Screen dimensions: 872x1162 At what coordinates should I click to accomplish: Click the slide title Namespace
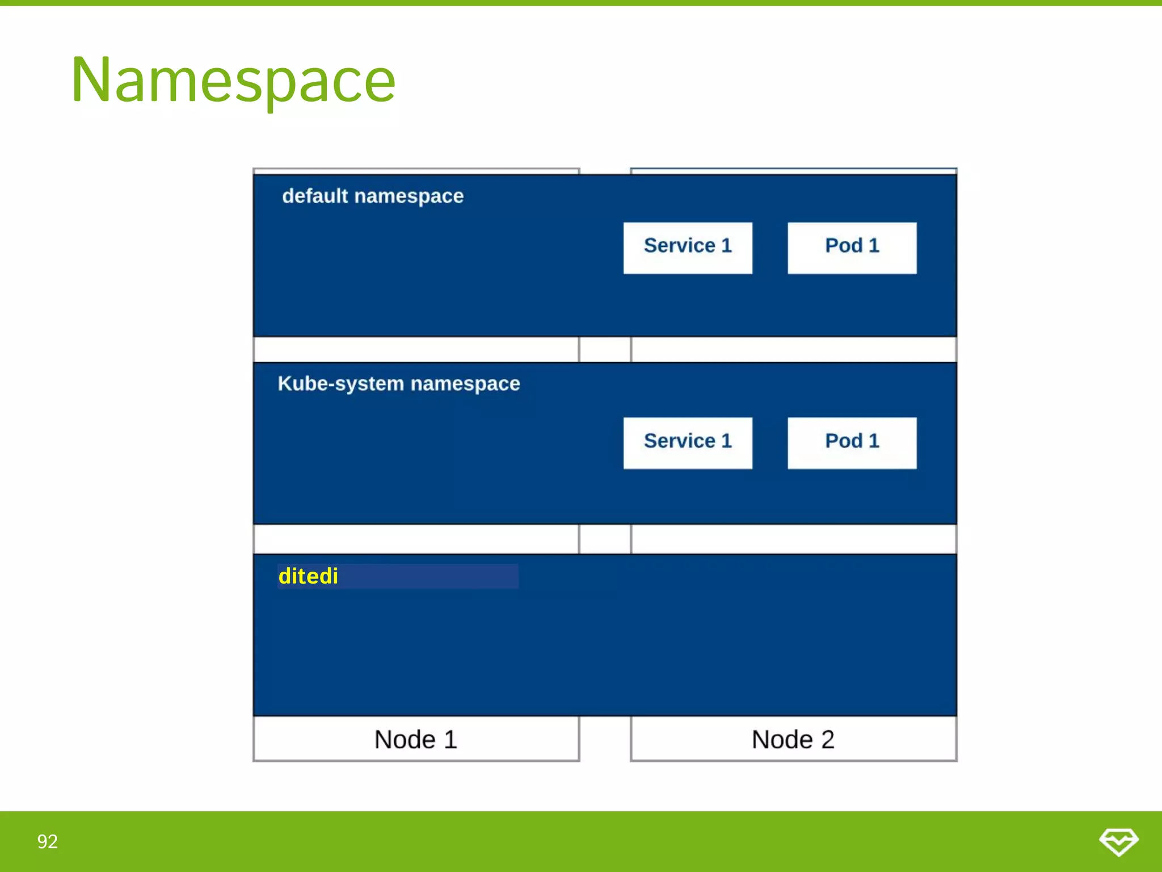pos(233,81)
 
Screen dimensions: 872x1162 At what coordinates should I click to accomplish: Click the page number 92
pos(47,841)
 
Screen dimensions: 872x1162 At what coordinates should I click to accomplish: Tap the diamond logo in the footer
pos(1118,841)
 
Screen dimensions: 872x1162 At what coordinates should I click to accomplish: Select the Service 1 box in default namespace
pos(687,248)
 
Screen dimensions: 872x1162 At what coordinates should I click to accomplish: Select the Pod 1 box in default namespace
pos(852,248)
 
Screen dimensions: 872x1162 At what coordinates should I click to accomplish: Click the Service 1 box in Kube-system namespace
pos(687,443)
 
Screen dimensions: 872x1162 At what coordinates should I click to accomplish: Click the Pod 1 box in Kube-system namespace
pos(852,443)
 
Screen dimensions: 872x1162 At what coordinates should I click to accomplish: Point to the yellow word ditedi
pos(308,576)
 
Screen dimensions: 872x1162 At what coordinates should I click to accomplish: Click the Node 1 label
pos(415,739)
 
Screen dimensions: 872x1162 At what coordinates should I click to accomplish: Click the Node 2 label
pos(793,739)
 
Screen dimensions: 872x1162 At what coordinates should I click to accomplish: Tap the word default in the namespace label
pos(315,196)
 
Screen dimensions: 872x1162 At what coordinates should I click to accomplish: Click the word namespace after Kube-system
pos(465,384)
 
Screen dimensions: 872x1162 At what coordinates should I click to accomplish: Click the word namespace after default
pos(409,196)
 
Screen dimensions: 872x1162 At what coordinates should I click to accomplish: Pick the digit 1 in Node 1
pos(451,739)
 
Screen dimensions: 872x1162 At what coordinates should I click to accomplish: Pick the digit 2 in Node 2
pos(827,739)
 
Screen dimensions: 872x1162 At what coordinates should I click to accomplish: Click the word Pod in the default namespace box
pos(843,245)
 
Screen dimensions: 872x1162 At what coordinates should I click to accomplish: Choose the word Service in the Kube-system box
pos(679,441)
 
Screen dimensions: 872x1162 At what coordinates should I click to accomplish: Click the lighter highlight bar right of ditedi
pos(428,576)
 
